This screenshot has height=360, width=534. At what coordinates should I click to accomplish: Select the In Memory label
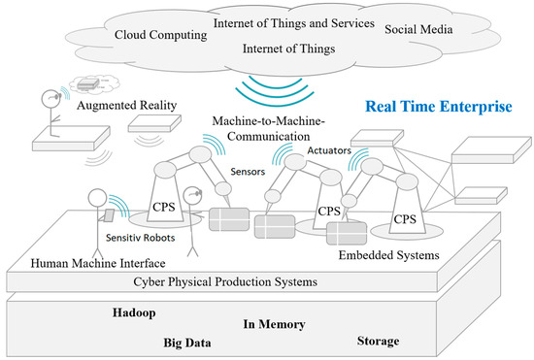(274, 325)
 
